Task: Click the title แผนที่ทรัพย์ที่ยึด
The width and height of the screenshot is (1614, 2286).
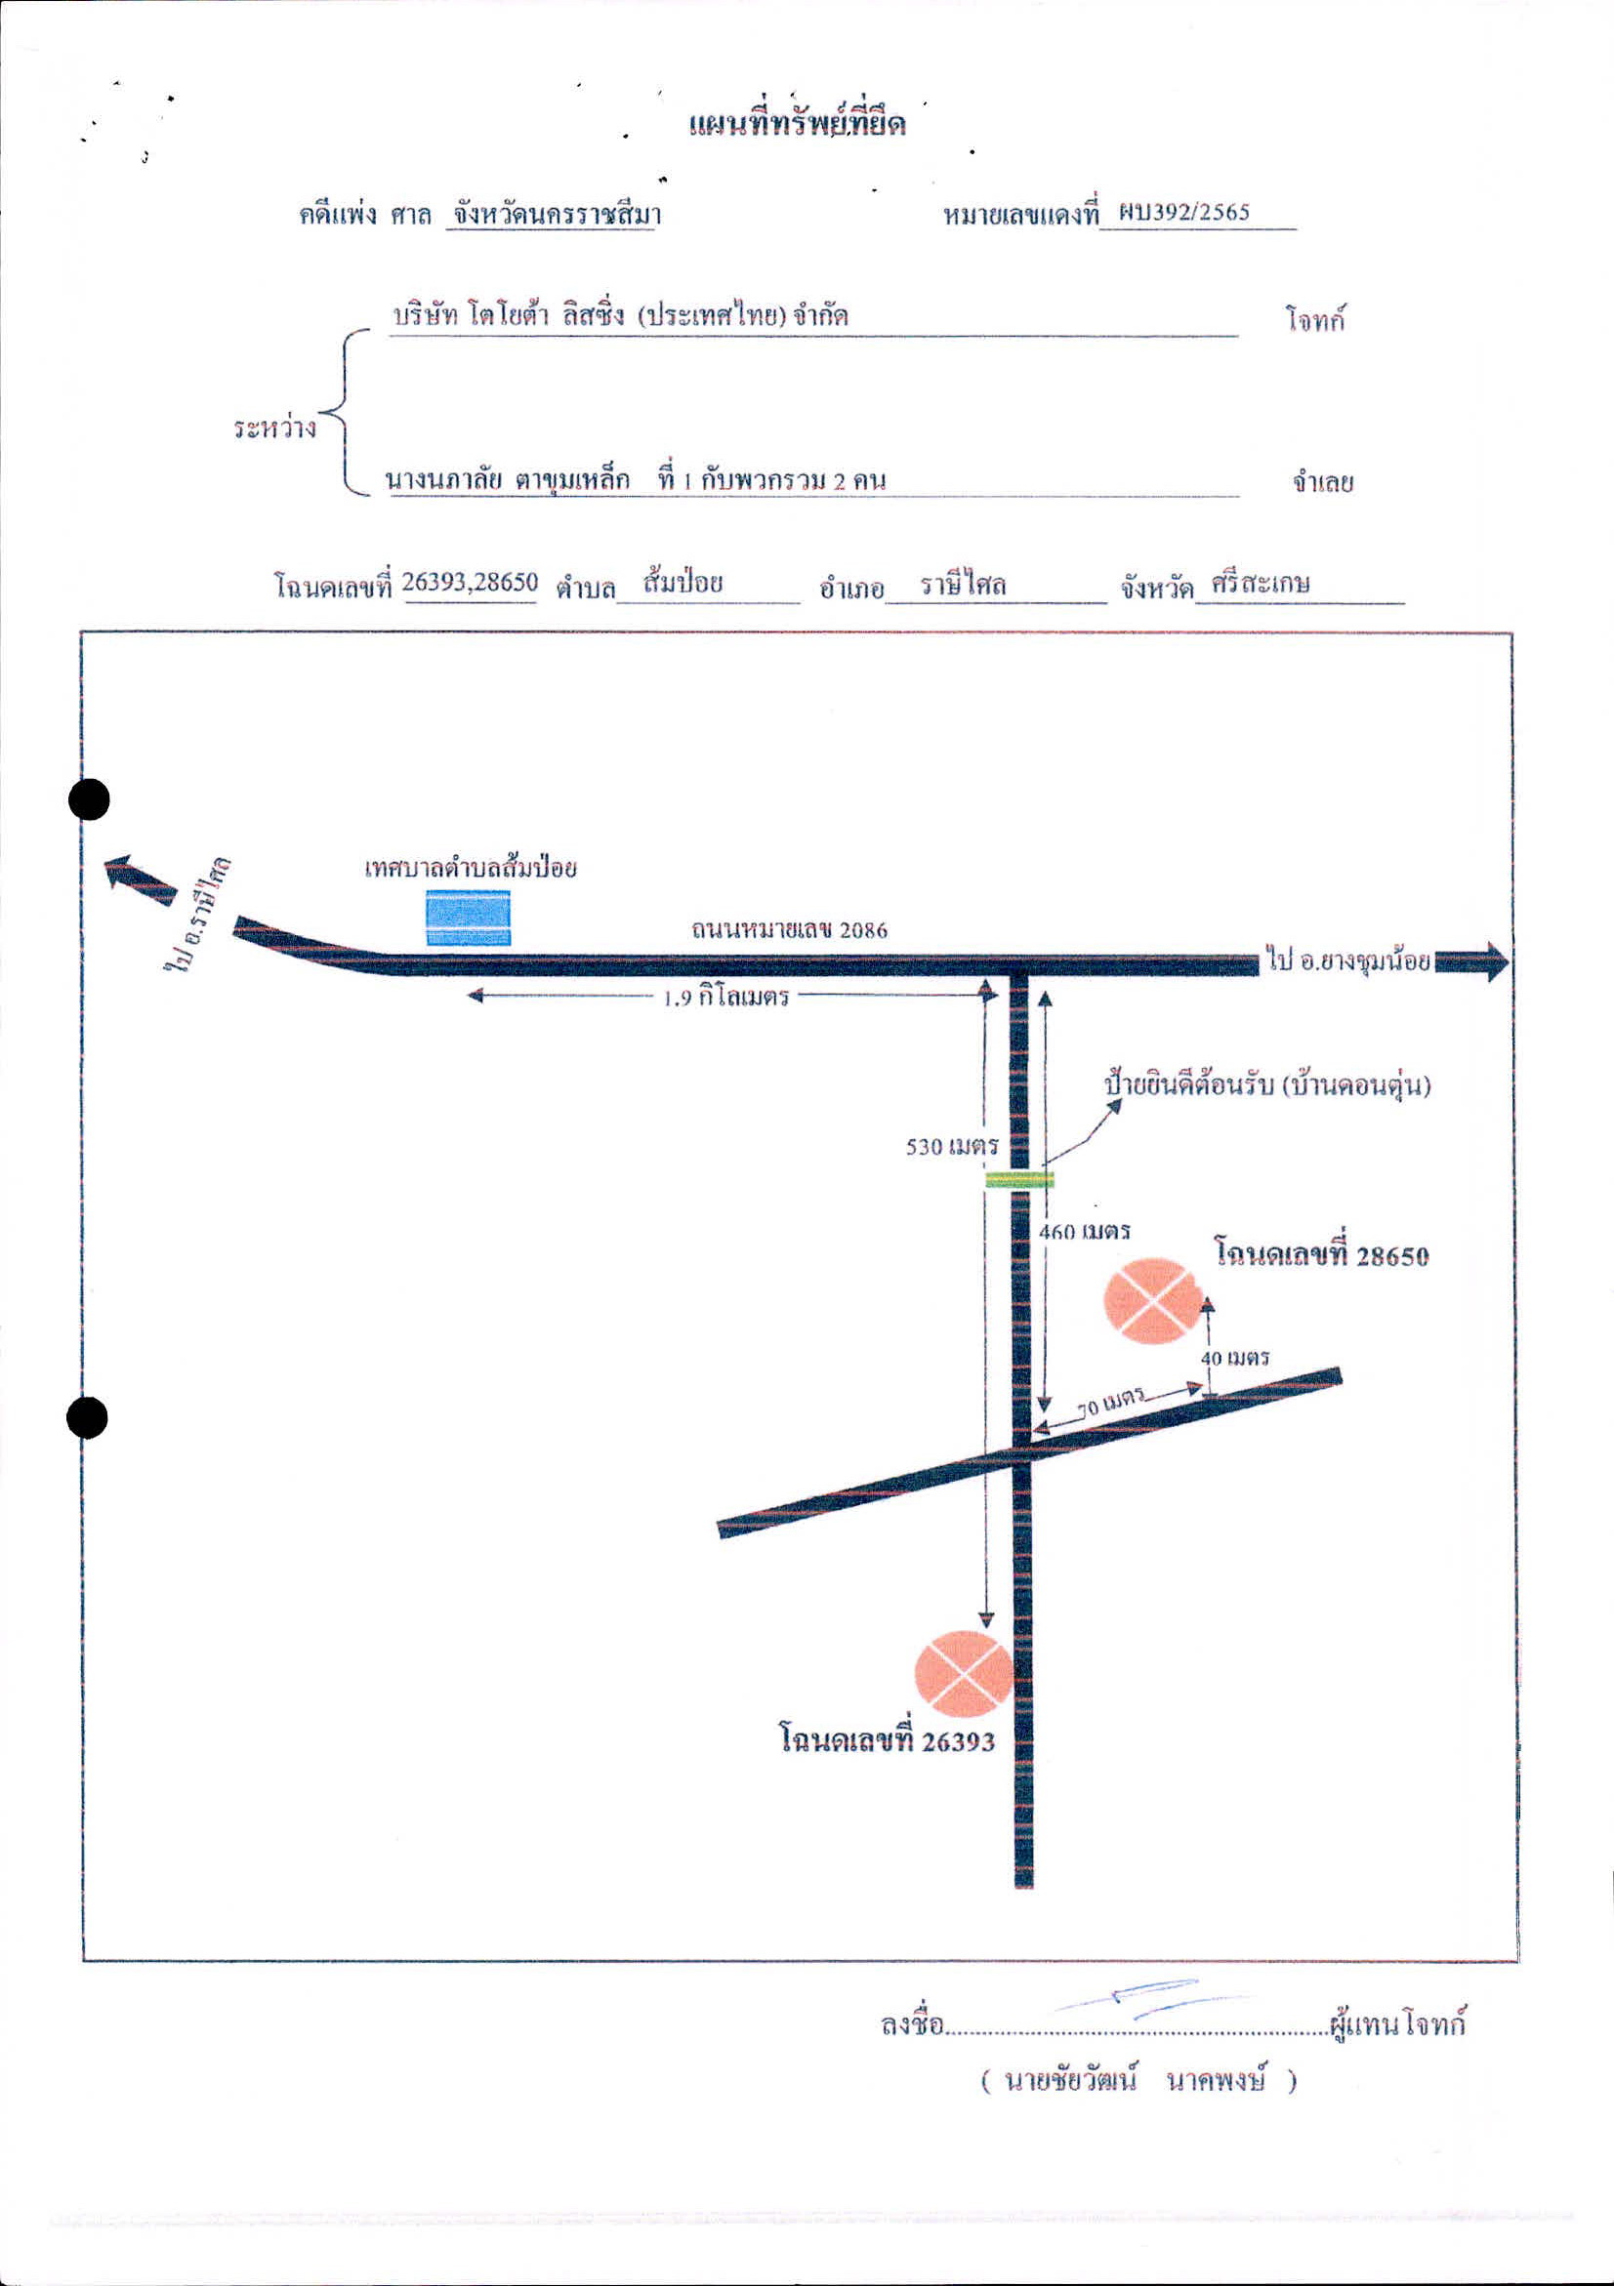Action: coord(798,125)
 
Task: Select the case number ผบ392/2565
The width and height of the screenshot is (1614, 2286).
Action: coord(1183,212)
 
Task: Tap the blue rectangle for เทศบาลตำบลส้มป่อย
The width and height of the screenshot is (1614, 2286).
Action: coord(468,917)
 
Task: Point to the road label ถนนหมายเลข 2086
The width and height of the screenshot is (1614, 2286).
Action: coord(790,929)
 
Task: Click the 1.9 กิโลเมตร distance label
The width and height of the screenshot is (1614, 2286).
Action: coord(725,998)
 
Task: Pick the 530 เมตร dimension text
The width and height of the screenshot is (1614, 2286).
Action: coord(952,1146)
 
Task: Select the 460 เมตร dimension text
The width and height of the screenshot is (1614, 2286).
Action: coord(1084,1232)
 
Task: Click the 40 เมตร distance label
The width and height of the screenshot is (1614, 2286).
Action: coord(1234,1358)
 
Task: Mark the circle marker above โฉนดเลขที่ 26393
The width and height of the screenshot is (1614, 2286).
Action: coord(963,1674)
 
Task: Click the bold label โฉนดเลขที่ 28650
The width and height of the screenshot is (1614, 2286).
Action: coord(1322,1253)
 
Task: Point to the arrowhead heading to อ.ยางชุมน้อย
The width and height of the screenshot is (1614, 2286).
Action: coord(1487,961)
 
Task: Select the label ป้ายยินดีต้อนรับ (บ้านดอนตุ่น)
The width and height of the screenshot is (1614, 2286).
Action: coord(1267,1085)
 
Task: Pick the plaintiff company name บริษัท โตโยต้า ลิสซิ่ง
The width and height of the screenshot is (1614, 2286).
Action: coord(508,315)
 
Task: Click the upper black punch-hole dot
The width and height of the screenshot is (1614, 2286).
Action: coord(90,799)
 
